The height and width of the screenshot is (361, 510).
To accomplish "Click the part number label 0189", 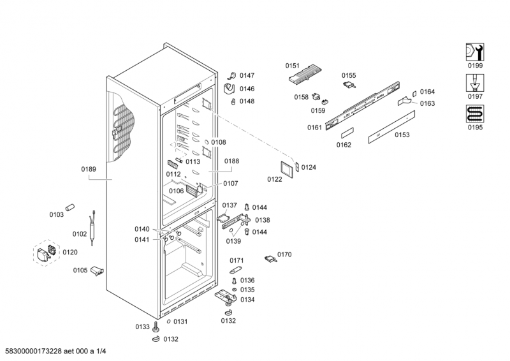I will click(89, 169).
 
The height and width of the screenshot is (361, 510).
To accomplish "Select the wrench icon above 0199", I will click(474, 52).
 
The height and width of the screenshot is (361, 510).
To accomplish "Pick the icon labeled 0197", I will click(474, 83).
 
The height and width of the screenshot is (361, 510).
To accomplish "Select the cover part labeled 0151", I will click(304, 74).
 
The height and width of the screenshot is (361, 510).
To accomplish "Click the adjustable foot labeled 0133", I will click(156, 327).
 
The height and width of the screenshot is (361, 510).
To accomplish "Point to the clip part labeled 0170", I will click(270, 258).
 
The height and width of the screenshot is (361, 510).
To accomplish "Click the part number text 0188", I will click(231, 161).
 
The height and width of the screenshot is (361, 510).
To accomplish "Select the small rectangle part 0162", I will click(347, 133).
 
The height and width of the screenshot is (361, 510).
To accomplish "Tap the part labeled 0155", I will click(349, 84).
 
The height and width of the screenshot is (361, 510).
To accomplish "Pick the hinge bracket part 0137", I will click(224, 217).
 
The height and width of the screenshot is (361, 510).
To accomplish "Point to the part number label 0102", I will click(80, 234).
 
